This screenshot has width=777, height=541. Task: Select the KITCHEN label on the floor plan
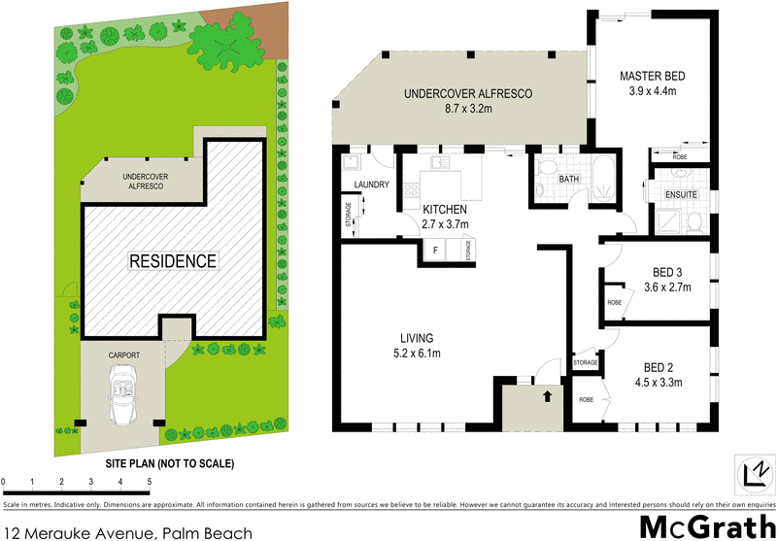[x=445, y=210]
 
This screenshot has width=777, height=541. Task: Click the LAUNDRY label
[x=372, y=185]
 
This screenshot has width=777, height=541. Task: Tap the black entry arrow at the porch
[x=546, y=396]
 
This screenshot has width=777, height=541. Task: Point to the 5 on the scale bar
[x=149, y=482]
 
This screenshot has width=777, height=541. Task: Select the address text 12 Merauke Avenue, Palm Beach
[x=128, y=531]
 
